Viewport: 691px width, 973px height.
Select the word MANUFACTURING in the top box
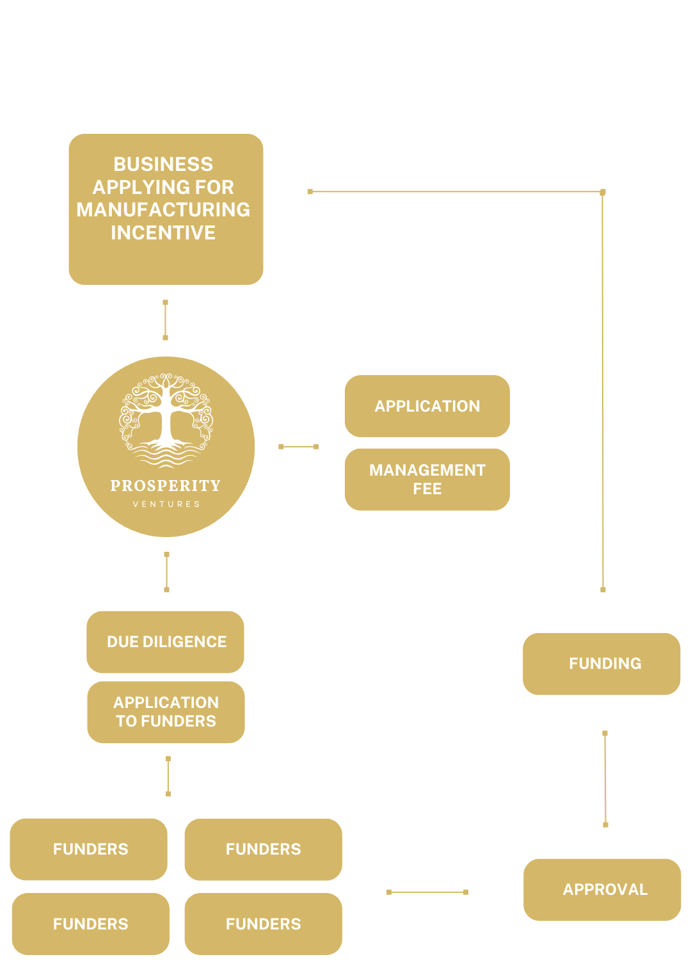163,210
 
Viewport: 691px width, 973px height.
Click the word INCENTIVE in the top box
163,233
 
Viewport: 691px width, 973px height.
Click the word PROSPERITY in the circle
166,486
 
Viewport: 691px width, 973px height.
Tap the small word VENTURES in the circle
166,504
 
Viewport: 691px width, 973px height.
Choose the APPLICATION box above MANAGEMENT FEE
427,406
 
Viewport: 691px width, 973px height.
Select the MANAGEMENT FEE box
427,479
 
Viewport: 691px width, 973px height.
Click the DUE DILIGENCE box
166,641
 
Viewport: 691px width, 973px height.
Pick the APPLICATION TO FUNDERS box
166,712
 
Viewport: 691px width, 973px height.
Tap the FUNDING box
601,663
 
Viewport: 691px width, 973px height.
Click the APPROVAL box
602,889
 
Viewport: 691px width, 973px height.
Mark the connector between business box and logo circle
165,319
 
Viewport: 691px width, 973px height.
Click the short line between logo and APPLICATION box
298,446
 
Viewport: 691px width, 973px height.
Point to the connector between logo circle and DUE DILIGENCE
166,572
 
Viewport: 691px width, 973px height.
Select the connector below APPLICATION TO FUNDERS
168,776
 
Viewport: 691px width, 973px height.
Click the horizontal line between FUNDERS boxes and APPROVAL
427,892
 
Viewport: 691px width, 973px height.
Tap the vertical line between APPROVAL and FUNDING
605,778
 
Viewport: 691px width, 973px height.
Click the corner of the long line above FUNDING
602,192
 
